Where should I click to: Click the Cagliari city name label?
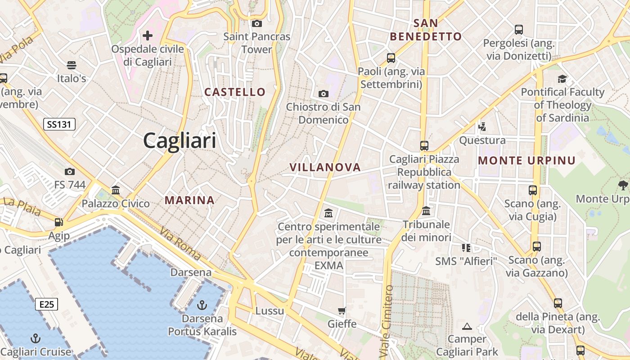pos(180,141)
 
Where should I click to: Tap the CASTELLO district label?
pos(235,92)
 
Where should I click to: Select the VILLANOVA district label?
pos(325,167)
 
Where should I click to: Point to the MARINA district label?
pos(189,200)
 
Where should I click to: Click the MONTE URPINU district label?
pos(526,161)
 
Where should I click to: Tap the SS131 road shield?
pos(59,124)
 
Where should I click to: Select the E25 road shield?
pos(46,304)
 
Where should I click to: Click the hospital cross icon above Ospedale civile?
pos(148,35)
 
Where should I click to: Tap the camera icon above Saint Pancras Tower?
pos(257,23)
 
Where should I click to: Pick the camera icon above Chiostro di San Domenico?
pos(323,94)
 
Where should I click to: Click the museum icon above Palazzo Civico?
pos(116,190)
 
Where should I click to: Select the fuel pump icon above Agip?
pos(58,222)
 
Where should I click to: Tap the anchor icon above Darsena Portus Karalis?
pos(202,306)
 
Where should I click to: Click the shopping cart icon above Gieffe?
pos(342,310)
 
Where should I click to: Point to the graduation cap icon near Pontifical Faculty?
pos(562,79)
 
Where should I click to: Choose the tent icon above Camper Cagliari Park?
pos(467,326)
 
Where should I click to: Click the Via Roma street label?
pos(180,243)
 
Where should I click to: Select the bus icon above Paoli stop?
pos(391,58)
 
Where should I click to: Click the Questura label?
pos(482,140)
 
